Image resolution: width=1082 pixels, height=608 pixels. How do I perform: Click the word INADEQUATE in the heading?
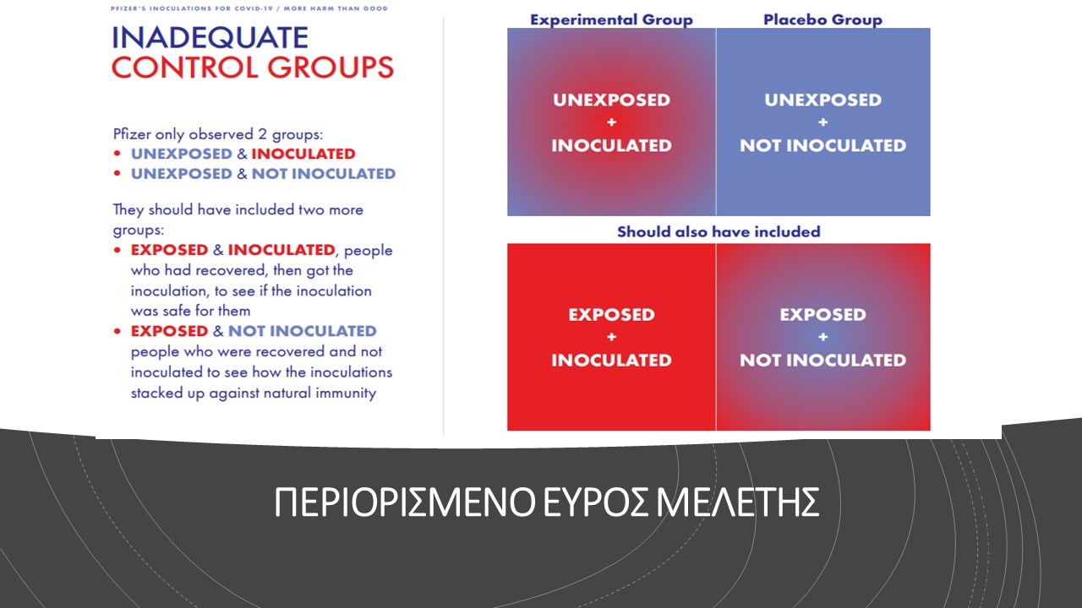coord(210,38)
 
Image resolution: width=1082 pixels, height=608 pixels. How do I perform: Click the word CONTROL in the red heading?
coord(185,67)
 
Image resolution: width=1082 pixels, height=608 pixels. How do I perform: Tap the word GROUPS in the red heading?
coord(331,67)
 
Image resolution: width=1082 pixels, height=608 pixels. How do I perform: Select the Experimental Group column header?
coord(611,19)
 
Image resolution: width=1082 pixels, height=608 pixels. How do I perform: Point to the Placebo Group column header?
coord(822,19)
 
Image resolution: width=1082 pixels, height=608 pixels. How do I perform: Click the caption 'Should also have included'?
coord(719,231)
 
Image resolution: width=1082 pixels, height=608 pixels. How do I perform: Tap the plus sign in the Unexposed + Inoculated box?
coord(611,122)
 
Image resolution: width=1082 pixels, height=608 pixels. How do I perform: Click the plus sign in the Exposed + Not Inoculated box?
coord(823,337)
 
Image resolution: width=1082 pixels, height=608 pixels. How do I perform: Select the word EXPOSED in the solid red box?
coord(611,315)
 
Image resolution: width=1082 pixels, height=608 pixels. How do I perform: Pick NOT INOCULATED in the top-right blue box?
coord(823,145)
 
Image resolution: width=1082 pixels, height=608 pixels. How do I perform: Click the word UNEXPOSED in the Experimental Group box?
coord(611,100)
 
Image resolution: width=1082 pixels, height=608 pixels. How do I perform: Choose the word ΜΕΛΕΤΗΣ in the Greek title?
coord(738,502)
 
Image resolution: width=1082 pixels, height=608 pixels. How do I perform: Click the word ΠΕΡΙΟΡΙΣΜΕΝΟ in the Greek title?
coord(405,502)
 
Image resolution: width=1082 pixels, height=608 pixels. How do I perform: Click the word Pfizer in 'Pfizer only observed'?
coord(131,133)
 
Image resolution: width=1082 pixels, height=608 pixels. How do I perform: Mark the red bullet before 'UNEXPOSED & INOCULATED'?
coord(117,154)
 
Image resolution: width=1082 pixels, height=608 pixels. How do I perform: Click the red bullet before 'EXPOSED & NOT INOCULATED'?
coord(117,331)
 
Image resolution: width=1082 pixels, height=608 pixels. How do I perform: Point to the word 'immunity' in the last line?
coord(346,394)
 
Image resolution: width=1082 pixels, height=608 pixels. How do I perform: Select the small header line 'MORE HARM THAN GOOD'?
coord(336,8)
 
